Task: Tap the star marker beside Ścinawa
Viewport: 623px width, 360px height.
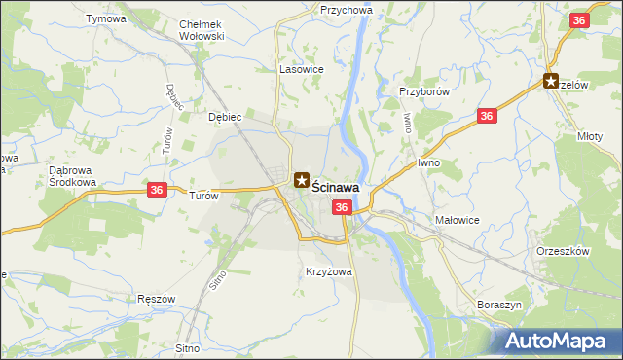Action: pyautogui.click(x=303, y=180)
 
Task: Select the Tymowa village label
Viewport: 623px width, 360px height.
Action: pyautogui.click(x=106, y=18)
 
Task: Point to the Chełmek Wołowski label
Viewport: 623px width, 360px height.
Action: pyautogui.click(x=202, y=30)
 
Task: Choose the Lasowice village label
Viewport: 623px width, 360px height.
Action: pyautogui.click(x=301, y=70)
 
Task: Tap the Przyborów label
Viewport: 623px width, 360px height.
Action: pyautogui.click(x=422, y=91)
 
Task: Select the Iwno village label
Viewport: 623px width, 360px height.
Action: pyautogui.click(x=430, y=162)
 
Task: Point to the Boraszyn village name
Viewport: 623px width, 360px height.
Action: pyautogui.click(x=501, y=305)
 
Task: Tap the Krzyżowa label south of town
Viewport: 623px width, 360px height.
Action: pyautogui.click(x=328, y=272)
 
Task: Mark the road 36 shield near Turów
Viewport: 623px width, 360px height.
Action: pyautogui.click(x=156, y=191)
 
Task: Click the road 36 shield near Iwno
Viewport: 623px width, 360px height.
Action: pyautogui.click(x=488, y=117)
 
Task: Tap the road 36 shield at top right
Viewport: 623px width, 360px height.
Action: pyautogui.click(x=579, y=20)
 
